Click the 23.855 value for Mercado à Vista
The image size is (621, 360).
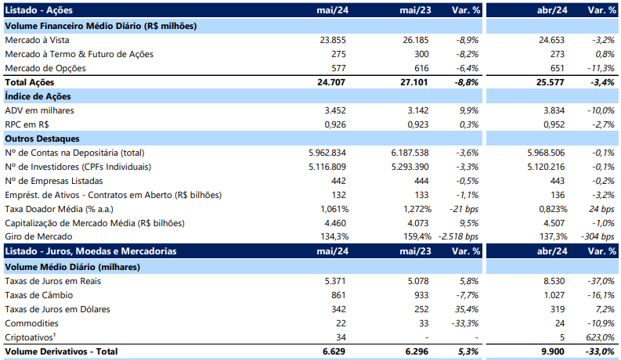point(333,40)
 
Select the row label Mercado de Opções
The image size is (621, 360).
point(45,68)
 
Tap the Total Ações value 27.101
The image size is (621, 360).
point(413,82)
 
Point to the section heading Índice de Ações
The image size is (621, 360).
point(38,96)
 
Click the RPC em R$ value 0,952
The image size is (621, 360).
point(554,124)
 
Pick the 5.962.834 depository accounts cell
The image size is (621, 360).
point(327,153)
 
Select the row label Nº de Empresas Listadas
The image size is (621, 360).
point(54,181)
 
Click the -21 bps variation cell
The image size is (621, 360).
point(464,209)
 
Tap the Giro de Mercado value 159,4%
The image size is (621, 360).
point(417,236)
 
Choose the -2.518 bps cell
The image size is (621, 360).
point(458,236)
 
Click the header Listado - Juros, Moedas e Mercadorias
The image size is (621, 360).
point(91,251)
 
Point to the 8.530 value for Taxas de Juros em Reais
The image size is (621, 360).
point(554,281)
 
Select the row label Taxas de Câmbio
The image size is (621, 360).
point(39,295)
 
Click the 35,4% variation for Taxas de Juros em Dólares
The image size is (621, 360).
point(467,309)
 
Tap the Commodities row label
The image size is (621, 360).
point(31,323)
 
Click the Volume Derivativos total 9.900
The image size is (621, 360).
point(554,351)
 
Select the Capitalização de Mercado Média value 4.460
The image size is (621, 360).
point(335,223)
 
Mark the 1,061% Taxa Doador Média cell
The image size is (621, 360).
point(334,209)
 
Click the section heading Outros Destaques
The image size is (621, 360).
point(42,139)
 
